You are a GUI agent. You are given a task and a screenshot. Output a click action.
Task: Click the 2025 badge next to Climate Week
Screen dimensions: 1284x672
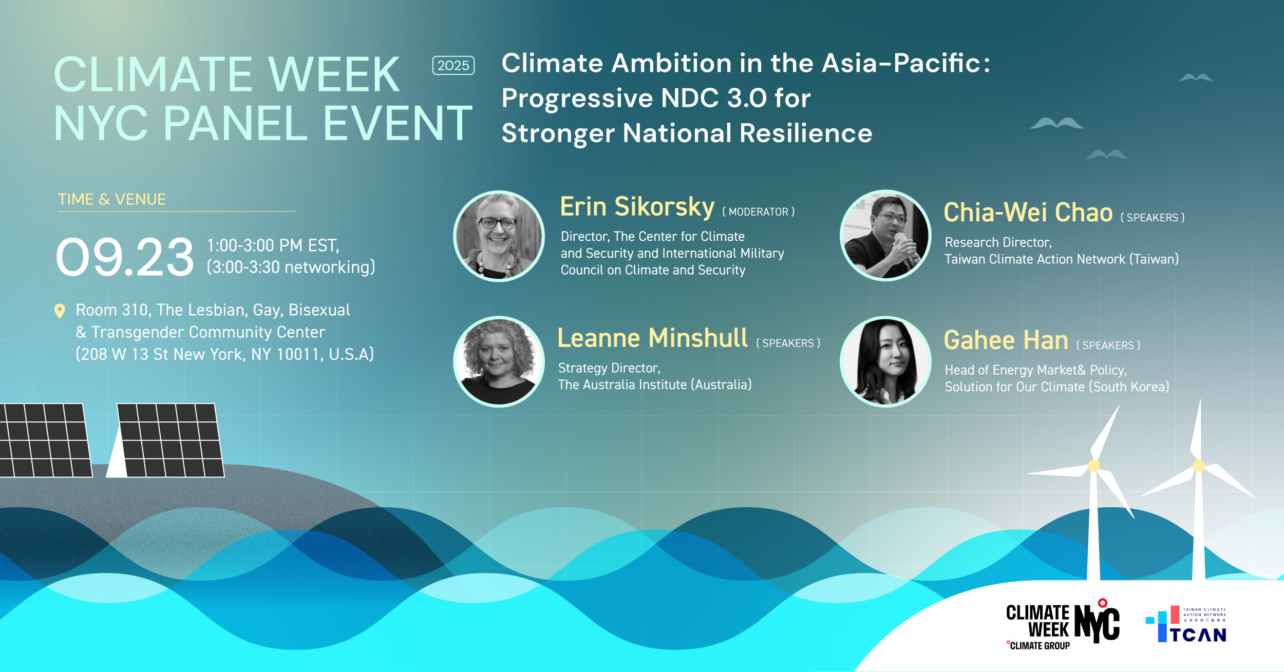click(453, 65)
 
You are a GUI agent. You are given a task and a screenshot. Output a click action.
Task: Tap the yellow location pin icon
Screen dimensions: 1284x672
click(60, 311)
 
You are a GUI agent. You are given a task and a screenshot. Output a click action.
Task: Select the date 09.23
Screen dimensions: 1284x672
click(125, 257)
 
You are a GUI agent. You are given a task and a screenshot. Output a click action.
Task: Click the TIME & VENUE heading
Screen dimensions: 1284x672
click(112, 199)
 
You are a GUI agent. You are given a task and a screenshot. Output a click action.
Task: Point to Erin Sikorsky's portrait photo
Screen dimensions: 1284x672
click(499, 236)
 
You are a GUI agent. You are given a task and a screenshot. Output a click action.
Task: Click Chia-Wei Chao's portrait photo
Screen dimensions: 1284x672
click(885, 236)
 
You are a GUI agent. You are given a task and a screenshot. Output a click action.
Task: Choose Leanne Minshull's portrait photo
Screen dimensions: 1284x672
click(499, 361)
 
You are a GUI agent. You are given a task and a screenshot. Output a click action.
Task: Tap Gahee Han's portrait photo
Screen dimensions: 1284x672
click(885, 361)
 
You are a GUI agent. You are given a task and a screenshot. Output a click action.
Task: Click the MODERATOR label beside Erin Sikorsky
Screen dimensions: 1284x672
click(758, 212)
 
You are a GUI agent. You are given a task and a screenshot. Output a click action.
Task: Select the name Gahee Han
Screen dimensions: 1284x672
click(1006, 340)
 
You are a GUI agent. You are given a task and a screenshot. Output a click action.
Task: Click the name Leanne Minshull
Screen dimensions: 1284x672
click(652, 338)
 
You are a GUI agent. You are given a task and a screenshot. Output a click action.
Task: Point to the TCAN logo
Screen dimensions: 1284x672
click(1186, 624)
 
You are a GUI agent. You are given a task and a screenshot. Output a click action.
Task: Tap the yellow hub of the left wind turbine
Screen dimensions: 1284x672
click(1093, 466)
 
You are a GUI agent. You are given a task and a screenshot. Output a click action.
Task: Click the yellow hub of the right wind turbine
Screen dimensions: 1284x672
click(1199, 466)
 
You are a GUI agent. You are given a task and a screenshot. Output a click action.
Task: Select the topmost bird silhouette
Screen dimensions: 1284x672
click(1196, 78)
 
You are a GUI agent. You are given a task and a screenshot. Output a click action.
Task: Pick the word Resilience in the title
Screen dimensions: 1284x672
click(806, 133)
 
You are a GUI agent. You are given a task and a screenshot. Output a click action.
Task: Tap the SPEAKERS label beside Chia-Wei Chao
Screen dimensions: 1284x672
click(1152, 218)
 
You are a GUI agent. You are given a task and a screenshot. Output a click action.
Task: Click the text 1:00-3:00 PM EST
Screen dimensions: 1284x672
click(273, 245)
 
